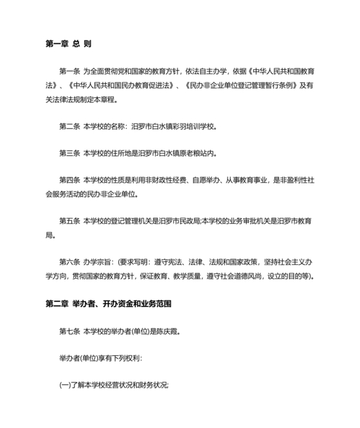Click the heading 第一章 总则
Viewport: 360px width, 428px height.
[68, 44]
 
